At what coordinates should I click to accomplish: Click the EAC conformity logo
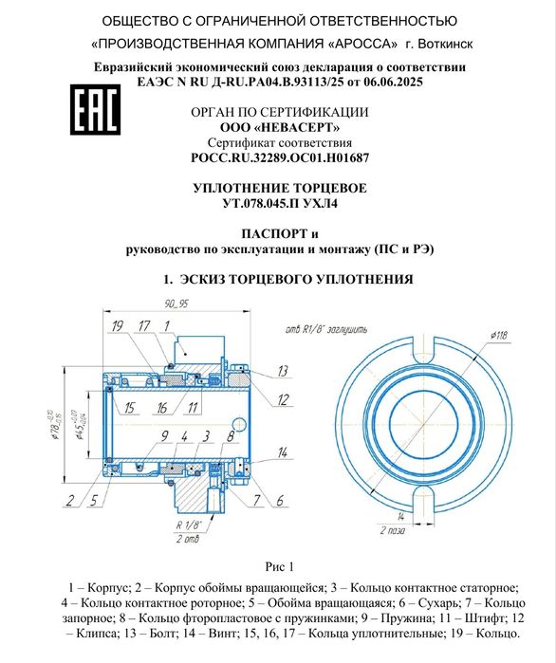(x=95, y=109)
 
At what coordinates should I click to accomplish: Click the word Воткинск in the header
(x=445, y=44)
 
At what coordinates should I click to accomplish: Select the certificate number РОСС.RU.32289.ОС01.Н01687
(x=280, y=157)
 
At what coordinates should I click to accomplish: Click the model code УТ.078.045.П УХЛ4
(x=280, y=203)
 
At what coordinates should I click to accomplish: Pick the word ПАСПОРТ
(x=274, y=234)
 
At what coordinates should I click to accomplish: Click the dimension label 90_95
(x=176, y=304)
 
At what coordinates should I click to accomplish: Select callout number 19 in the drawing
(x=118, y=326)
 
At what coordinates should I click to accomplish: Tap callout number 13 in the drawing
(x=283, y=371)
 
